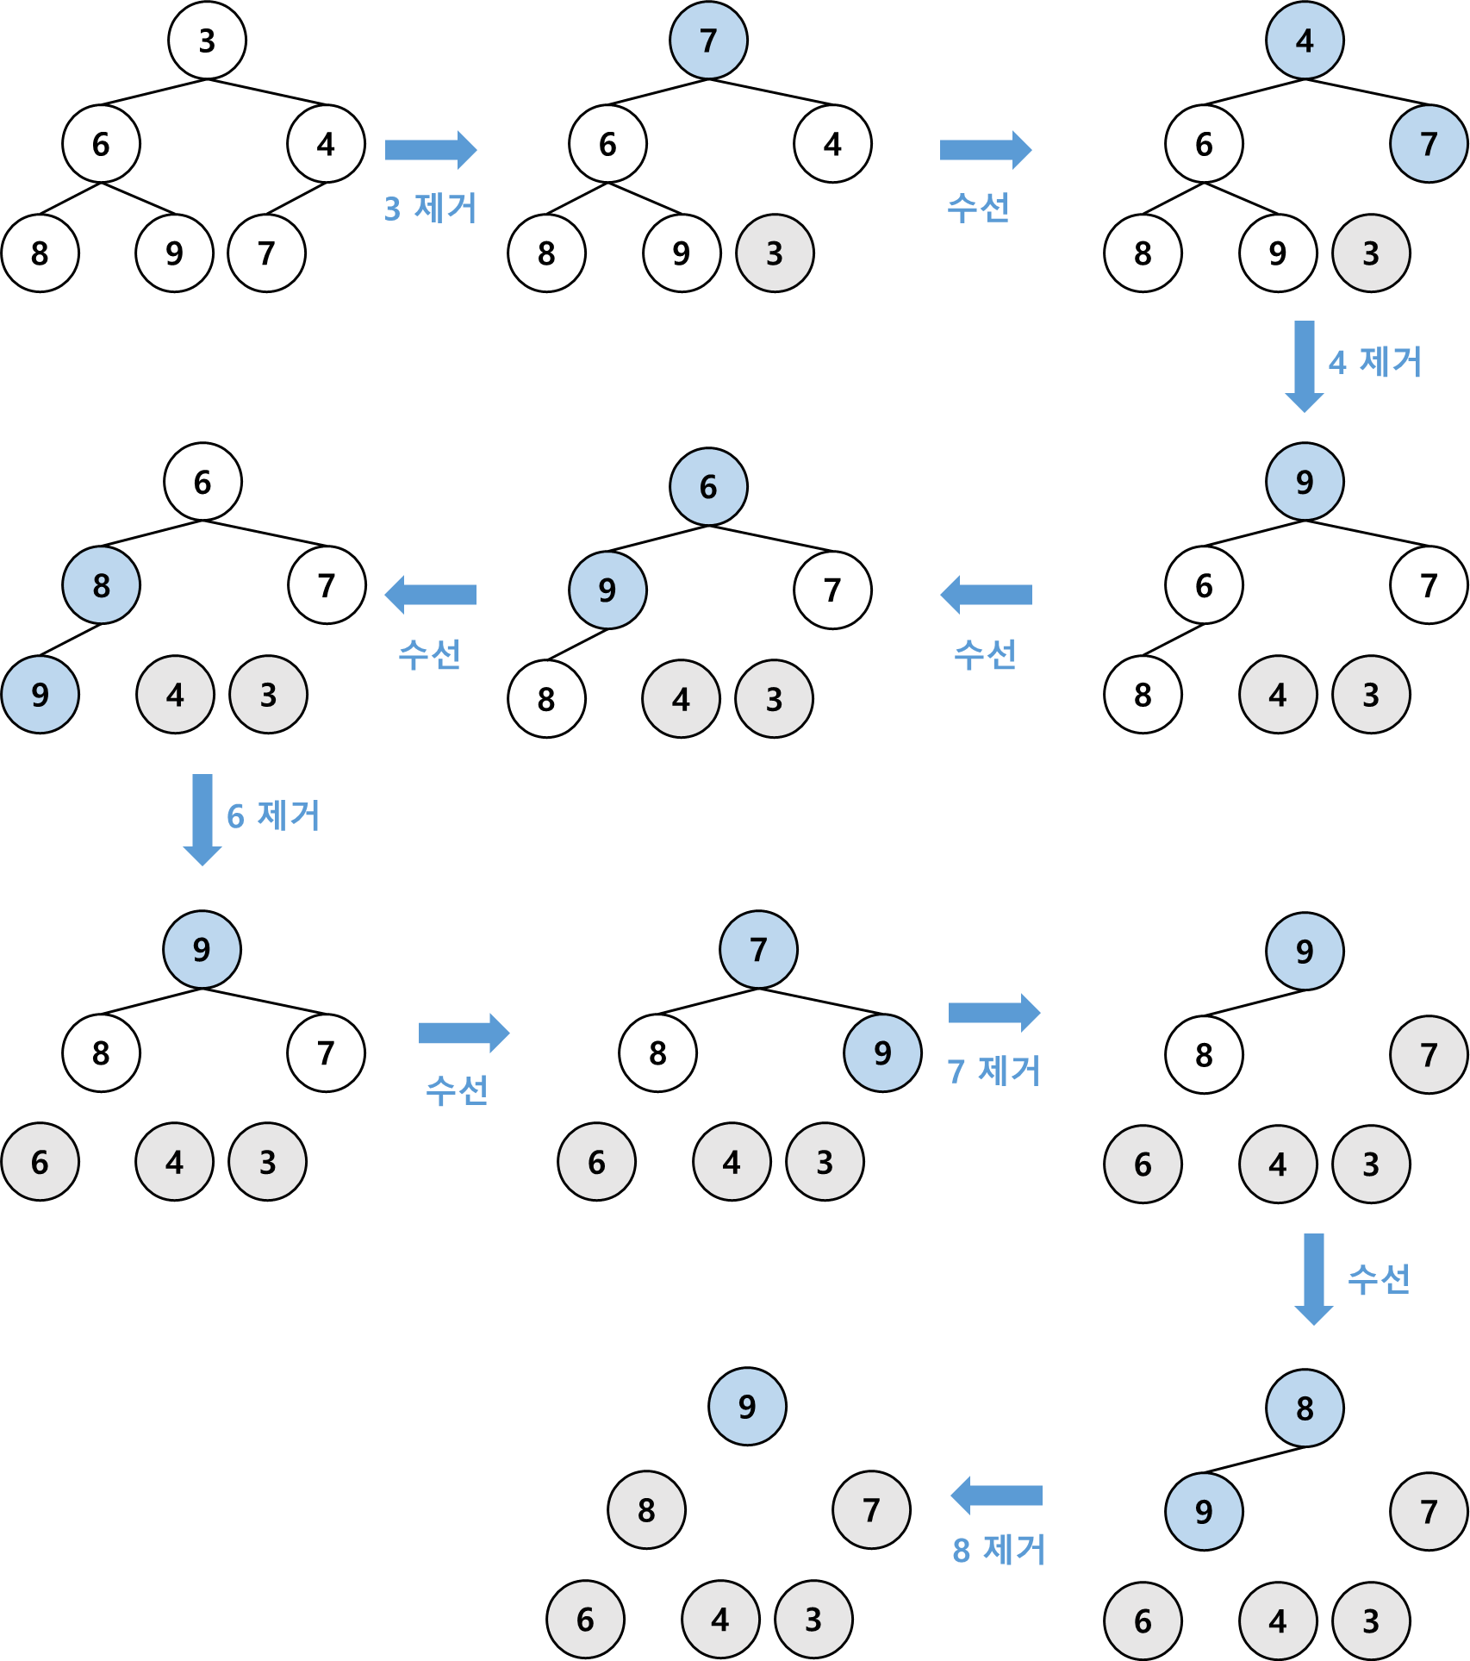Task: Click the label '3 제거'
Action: coord(430,208)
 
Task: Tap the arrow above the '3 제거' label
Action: coord(430,150)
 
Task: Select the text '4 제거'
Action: coord(1374,362)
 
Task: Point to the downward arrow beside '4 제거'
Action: coord(1305,365)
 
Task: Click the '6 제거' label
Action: coord(272,815)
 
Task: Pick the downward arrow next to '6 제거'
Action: coord(202,819)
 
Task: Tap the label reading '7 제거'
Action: coord(993,1071)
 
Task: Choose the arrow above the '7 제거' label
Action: coord(993,1013)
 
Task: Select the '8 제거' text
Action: coord(998,1550)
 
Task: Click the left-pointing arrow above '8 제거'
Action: coord(996,1496)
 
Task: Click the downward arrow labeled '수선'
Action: coord(1313,1278)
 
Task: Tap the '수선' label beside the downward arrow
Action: coord(1379,1279)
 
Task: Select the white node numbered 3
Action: coord(207,41)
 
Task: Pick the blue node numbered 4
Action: coord(1305,41)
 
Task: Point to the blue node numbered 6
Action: coord(708,487)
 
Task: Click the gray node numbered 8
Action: coord(646,1510)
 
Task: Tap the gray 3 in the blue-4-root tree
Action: coord(1371,253)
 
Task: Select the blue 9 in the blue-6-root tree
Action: coord(607,590)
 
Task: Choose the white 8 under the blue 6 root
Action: coord(546,699)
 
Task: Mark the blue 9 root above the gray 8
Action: coord(747,1407)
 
